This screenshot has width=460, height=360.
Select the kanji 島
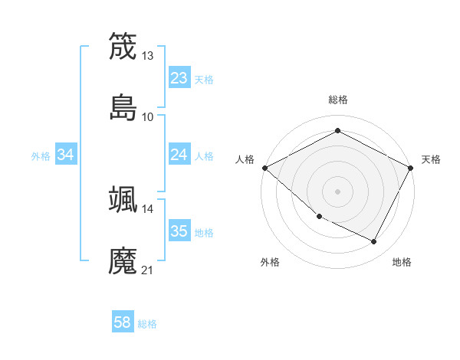pos(123,107)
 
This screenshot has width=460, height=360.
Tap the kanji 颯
pos(123,199)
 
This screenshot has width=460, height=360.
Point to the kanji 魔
pos(123,260)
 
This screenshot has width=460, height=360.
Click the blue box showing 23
pos(179,78)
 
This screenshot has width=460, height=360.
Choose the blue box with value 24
pos(179,155)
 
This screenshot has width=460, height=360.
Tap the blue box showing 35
pos(179,231)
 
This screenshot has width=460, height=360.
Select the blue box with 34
pos(66,155)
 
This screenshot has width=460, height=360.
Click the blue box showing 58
pos(123,323)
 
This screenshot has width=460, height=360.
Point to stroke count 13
pos(148,56)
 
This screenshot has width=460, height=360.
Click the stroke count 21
pos(148,270)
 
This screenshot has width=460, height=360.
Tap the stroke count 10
pos(148,117)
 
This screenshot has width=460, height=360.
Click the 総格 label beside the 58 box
pos(147,324)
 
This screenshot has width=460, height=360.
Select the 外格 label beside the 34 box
pos(41,155)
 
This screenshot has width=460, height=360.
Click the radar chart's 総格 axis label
pos(337,100)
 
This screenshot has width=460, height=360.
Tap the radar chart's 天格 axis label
pos(431,159)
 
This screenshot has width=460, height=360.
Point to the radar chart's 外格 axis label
pos(270,262)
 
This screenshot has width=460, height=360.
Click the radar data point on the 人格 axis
pos(264,168)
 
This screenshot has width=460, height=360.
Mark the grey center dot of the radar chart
pos(337,191)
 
